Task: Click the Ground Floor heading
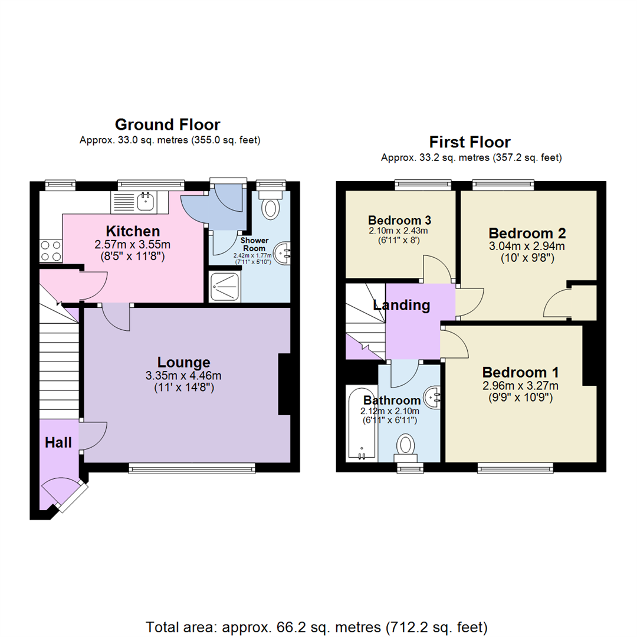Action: (168, 124)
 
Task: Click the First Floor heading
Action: (469, 142)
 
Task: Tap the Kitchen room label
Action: (133, 231)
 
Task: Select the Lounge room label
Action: (183, 362)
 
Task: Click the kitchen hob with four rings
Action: (50, 251)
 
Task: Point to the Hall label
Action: (58, 442)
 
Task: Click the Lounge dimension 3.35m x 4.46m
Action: (183, 375)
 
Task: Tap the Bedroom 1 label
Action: (520, 373)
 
